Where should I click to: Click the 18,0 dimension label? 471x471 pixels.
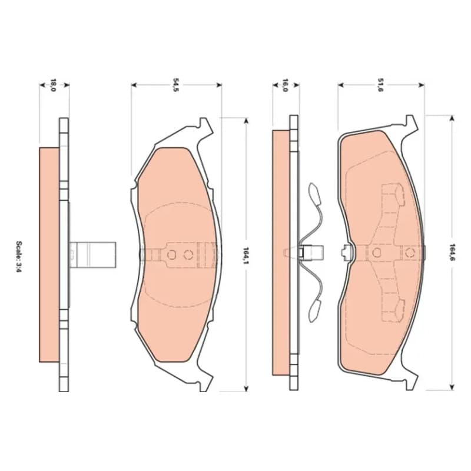[53, 85]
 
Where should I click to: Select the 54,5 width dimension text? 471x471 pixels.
[175, 85]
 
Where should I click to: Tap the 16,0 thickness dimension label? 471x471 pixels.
[285, 85]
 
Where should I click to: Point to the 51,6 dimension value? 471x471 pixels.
[380, 85]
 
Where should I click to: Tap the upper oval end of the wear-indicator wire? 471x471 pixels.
[314, 194]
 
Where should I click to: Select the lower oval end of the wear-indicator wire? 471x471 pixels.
[314, 311]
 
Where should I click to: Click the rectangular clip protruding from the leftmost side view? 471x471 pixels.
[92, 255]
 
